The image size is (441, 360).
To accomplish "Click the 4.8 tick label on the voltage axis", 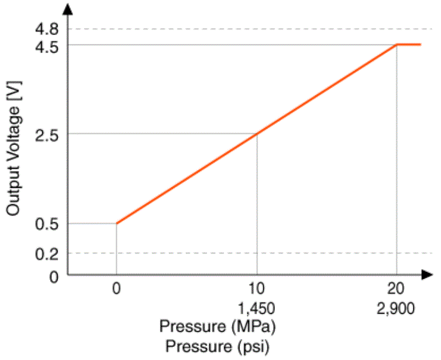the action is click(x=46, y=29).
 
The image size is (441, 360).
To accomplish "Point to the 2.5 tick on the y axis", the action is click(x=46, y=136).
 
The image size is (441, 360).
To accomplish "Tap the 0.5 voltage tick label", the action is click(x=46, y=225).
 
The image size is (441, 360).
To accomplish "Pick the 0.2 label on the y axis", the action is click(x=46, y=254).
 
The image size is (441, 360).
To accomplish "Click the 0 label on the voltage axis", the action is click(x=54, y=277).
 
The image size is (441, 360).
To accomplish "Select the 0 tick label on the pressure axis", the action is click(x=116, y=288).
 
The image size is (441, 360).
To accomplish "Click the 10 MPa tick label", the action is click(x=256, y=288).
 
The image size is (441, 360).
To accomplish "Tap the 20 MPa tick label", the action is click(x=396, y=288).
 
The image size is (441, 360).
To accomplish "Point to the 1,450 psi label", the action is click(x=256, y=308).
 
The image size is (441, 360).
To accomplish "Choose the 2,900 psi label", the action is click(x=396, y=308).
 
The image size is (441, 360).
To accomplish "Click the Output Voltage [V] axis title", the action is click(x=14, y=148).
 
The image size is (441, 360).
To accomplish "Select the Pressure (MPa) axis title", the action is click(x=217, y=327).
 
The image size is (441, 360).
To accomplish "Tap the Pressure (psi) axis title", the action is click(x=217, y=346).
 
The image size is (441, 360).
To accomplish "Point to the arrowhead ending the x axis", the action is click(x=427, y=275).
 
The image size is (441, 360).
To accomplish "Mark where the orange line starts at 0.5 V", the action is click(x=117, y=223).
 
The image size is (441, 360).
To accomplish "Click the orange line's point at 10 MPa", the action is click(x=257, y=134).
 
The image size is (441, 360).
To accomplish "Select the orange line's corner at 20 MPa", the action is click(x=397, y=45).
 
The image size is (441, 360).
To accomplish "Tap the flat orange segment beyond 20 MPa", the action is click(x=409, y=45).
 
